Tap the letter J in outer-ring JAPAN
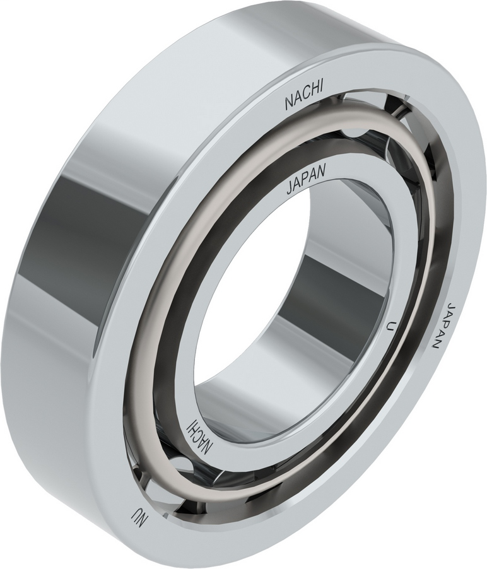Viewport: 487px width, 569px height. click(450, 305)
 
